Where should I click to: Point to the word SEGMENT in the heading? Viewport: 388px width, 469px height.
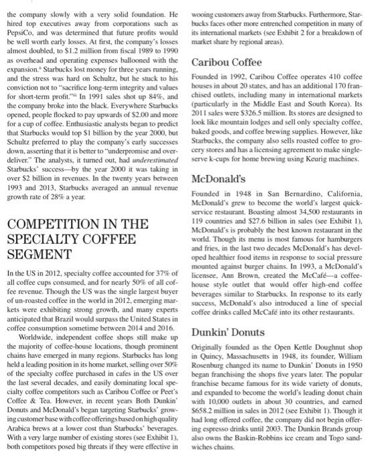[x=42, y=255]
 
